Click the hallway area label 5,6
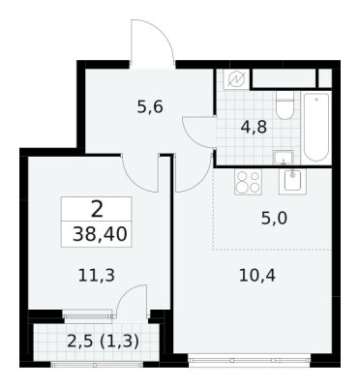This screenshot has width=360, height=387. [150, 106]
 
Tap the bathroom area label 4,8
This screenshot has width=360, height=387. [254, 128]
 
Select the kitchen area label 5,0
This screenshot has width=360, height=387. [274, 219]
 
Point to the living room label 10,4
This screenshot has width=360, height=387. [257, 276]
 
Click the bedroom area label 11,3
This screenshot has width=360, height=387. [97, 276]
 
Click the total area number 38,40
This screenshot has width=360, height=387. [100, 234]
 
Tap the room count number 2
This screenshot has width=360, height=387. [97, 209]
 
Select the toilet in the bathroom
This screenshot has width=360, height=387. [285, 105]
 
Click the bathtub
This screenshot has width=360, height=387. [316, 127]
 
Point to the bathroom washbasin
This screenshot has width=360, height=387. [284, 158]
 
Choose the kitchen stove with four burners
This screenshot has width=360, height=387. [248, 182]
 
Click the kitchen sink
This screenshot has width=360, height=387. [292, 181]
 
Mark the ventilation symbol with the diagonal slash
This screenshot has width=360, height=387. [236, 79]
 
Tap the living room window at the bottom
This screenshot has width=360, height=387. [250, 359]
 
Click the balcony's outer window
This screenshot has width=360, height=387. [97, 365]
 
